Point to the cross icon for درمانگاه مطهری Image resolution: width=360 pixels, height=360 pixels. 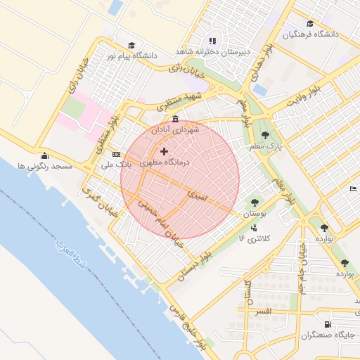pyautogui.click(x=165, y=151)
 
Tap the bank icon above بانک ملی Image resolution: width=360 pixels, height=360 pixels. pyautogui.click(x=116, y=155)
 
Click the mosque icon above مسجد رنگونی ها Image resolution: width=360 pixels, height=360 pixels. pyautogui.click(x=46, y=155)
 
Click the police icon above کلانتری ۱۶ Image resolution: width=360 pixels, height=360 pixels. pyautogui.click(x=253, y=228)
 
